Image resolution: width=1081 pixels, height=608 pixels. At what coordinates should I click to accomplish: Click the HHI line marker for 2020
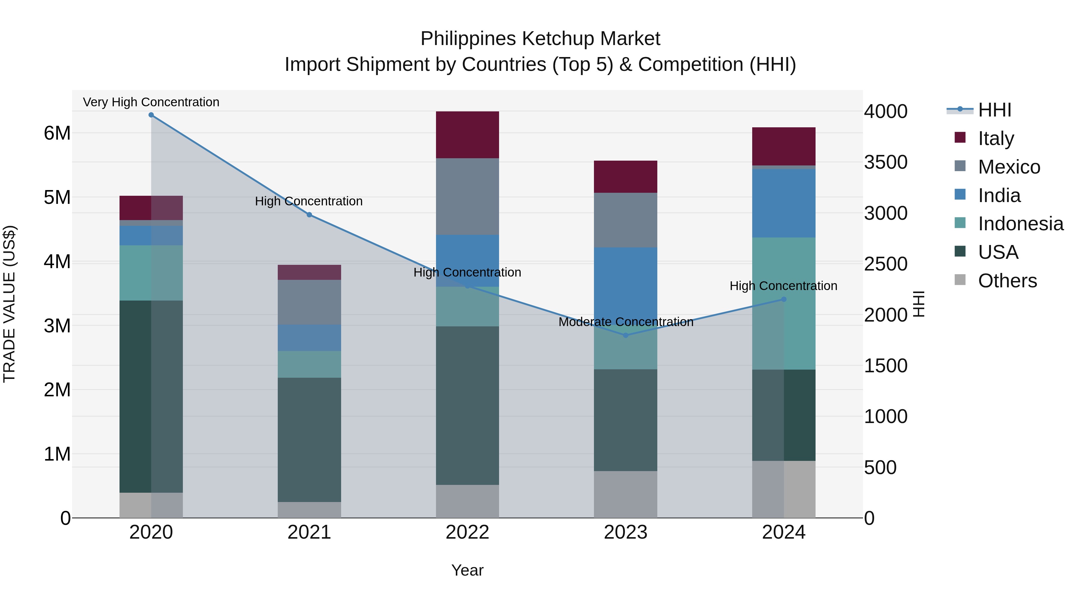[151, 115]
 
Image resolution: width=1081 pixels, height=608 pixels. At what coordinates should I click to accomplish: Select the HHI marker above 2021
[309, 215]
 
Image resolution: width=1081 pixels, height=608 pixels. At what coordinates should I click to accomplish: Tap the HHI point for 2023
[626, 335]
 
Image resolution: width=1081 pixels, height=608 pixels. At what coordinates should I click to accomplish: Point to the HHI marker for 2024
[783, 299]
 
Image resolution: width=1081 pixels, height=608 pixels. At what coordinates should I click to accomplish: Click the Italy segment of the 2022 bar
[468, 135]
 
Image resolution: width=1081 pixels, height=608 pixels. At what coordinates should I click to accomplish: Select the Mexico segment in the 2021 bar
[309, 302]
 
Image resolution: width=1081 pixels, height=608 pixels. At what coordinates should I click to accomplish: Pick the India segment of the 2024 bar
[783, 204]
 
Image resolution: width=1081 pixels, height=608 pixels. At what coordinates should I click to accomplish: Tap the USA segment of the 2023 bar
[626, 420]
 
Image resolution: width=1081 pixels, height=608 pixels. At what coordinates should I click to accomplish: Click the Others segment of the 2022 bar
[468, 501]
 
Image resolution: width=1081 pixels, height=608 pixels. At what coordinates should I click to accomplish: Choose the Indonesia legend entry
[1020, 224]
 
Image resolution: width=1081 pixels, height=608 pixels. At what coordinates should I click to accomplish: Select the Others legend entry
[1007, 281]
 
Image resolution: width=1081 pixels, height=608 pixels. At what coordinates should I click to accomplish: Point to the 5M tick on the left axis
[57, 198]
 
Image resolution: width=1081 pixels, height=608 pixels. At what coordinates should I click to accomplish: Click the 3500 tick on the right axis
[886, 162]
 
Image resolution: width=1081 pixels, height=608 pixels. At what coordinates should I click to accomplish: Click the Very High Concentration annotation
[151, 102]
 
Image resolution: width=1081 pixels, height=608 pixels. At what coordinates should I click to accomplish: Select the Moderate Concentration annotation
[626, 322]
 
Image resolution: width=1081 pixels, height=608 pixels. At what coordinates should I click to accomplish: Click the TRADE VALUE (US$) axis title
[9, 304]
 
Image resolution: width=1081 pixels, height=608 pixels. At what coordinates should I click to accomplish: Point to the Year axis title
[468, 571]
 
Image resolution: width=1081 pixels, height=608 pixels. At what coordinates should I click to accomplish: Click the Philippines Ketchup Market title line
[540, 39]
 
